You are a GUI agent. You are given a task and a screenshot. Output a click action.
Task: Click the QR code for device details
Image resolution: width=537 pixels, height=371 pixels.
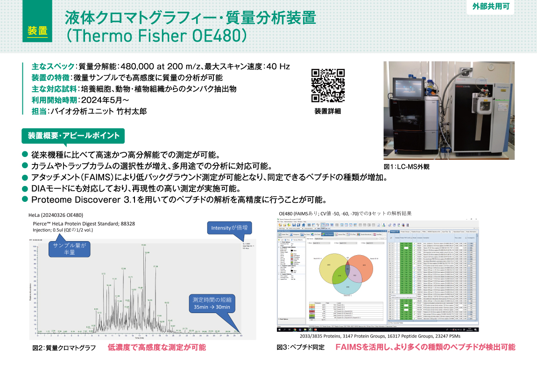[328, 85]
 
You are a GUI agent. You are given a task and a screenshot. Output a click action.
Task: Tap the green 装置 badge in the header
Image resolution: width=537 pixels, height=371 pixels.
[37, 31]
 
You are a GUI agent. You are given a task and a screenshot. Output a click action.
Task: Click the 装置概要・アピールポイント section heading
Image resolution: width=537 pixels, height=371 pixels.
[73, 136]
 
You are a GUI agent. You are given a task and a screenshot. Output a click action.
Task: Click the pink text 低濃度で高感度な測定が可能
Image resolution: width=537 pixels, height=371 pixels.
[156, 348]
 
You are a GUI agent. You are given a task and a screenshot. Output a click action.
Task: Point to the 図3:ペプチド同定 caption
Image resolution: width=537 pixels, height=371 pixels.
[300, 348]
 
